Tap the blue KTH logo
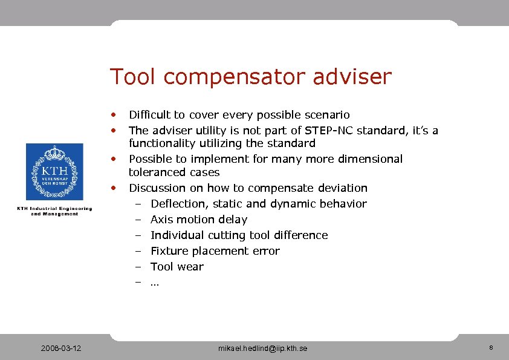click(54, 172)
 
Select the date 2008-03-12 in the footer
click(61, 349)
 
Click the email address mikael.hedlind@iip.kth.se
click(262, 349)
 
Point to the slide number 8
click(491, 348)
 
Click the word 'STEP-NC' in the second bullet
click(325, 131)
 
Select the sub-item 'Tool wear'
click(177, 267)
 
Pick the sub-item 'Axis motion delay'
click(199, 220)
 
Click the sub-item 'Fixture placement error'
click(215, 251)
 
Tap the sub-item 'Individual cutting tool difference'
click(239, 235)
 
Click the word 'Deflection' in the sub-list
click(178, 204)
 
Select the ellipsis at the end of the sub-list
click(154, 283)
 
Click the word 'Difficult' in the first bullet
click(149, 115)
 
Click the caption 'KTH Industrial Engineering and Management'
click(54, 211)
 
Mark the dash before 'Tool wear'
click(138, 267)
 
